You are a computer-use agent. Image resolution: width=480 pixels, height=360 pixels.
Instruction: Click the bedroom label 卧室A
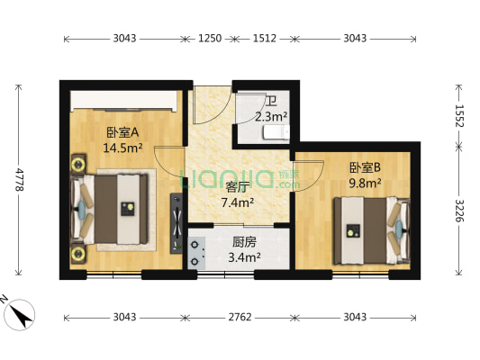[122, 131]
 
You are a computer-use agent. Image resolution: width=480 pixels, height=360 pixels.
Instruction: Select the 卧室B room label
[365, 166]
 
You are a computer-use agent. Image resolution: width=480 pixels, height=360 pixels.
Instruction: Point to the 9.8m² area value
[365, 182]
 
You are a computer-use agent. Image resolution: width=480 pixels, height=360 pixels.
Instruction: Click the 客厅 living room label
[237, 187]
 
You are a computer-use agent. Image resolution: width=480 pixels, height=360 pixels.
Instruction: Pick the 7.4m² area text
[237, 202]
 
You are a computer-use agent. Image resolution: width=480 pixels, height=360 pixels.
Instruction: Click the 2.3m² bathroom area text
[271, 116]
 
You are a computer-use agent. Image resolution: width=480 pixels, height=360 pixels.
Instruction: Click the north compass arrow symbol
[21, 314]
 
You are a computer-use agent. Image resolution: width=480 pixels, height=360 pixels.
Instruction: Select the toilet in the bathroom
[275, 133]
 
